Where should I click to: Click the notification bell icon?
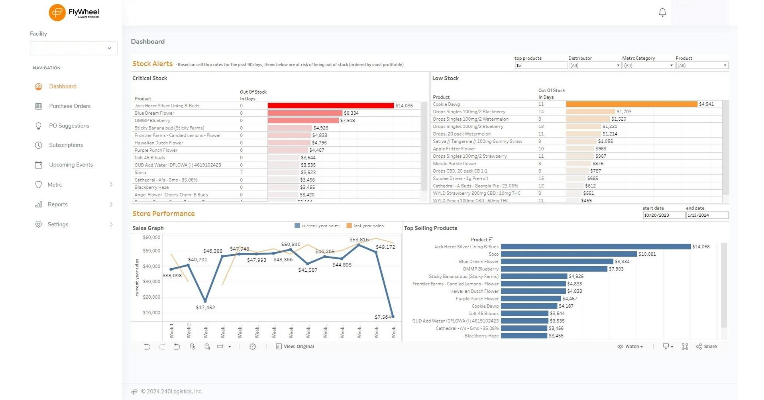point(662,12)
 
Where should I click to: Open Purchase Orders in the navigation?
point(69,106)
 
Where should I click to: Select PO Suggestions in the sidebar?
point(69,125)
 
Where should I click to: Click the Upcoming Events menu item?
point(71,165)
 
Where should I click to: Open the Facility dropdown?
point(73,48)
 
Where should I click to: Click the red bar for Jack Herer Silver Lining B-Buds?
point(330,106)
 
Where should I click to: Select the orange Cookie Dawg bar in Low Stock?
point(631,104)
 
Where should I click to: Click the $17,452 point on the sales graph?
point(205,301)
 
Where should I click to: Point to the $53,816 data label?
point(359,239)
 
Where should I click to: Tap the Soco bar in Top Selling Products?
point(569,254)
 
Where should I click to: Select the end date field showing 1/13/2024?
point(707,215)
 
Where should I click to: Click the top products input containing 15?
point(540,65)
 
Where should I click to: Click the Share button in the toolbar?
point(706,347)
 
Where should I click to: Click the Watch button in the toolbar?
point(630,347)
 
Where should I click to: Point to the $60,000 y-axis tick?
point(151,237)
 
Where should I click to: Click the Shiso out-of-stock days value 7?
point(242,173)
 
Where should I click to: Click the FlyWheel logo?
point(74,12)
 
